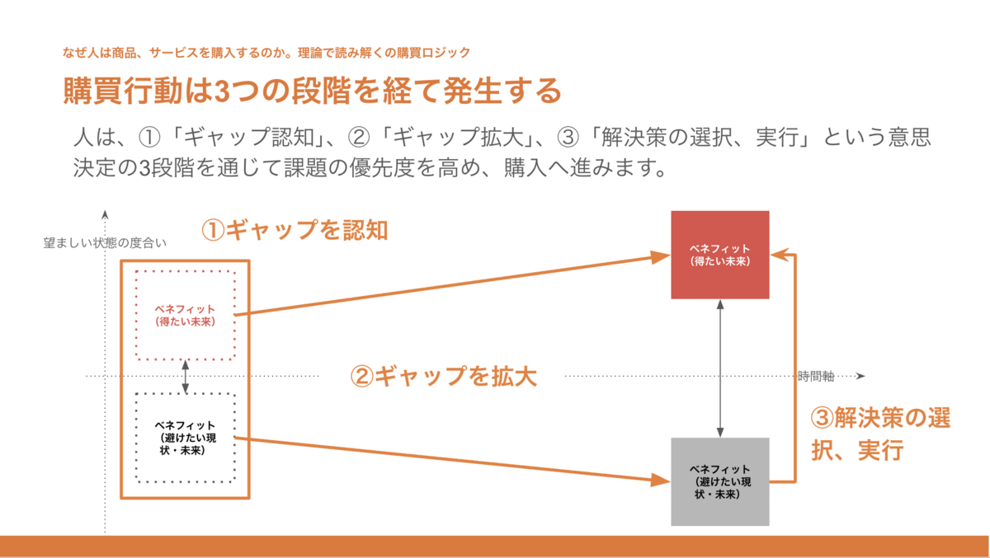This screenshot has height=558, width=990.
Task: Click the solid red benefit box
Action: pos(720,255)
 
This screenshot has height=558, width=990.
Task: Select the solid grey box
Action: pos(720,481)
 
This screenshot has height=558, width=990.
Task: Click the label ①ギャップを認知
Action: pos(295,230)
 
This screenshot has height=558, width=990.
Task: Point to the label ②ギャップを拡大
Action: pos(443,377)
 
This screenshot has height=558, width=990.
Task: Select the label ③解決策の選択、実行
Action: pos(880,434)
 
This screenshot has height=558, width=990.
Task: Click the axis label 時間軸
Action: pos(816,376)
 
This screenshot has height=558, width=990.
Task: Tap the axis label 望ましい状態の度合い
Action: pos(105,243)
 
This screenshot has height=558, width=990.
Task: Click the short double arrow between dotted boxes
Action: pos(185,377)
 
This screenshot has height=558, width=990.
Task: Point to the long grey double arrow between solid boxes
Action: pos(720,368)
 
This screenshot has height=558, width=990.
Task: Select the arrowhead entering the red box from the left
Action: pos(661,256)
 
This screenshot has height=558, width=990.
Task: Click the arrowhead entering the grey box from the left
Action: pos(661,480)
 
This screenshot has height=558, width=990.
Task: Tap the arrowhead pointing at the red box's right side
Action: pos(780,255)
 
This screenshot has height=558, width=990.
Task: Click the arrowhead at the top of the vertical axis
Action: pos(105,214)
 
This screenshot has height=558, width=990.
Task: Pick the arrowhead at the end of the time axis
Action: pos(860,376)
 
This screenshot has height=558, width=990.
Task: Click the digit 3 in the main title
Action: pos(221,91)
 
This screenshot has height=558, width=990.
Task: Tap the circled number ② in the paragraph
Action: pos(358,137)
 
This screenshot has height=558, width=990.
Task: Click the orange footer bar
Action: pos(494,546)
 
